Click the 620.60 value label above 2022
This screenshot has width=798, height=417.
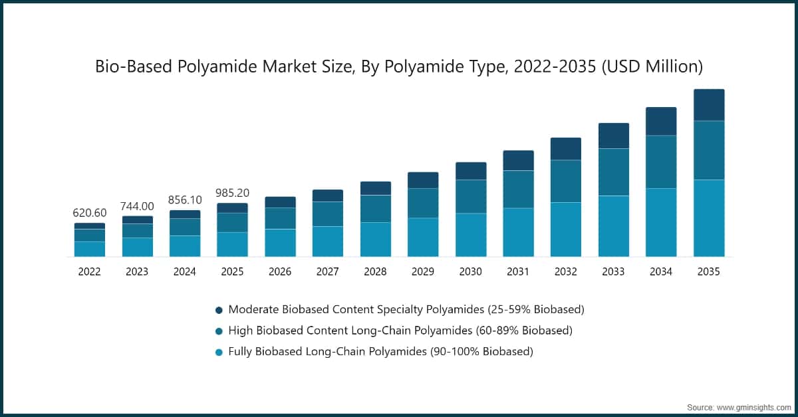(x=89, y=213)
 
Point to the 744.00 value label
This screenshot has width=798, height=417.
(x=137, y=206)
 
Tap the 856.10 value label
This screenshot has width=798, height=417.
(x=185, y=200)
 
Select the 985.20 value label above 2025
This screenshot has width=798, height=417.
(x=232, y=193)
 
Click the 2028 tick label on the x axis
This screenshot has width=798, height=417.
(x=375, y=271)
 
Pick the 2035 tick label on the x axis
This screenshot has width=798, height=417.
(x=709, y=271)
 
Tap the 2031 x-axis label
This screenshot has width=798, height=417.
(x=518, y=271)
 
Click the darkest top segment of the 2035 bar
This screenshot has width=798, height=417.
(x=709, y=105)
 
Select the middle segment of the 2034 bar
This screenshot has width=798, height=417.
(x=661, y=162)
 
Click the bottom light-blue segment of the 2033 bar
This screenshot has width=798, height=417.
(x=613, y=226)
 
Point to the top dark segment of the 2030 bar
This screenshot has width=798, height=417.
(x=470, y=171)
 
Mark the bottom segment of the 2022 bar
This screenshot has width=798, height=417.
(x=89, y=249)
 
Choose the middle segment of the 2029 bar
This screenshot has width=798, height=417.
(x=423, y=203)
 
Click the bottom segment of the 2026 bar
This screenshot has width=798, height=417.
(x=280, y=243)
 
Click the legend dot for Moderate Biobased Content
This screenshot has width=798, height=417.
(x=219, y=310)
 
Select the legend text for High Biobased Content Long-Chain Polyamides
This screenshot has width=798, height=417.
(x=400, y=331)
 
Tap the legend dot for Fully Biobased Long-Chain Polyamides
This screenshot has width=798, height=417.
(x=219, y=351)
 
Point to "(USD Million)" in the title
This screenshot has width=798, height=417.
(x=652, y=67)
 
